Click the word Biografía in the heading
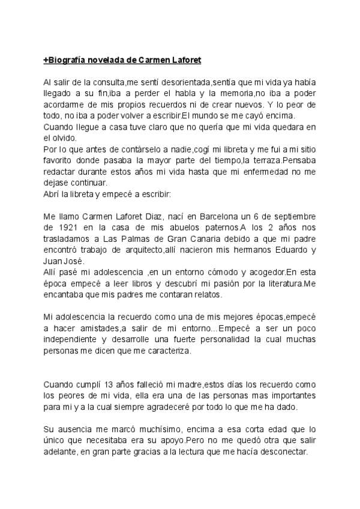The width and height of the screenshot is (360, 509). coord(71,61)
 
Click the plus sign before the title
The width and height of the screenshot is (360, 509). coord(46,61)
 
